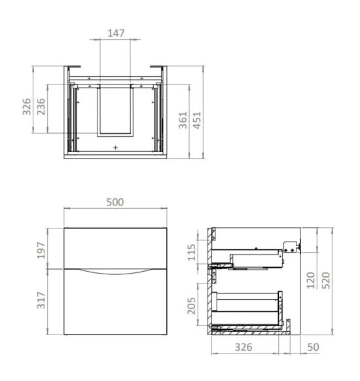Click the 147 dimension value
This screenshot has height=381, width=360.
(115, 33)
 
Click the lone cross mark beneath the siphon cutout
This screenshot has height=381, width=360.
(116, 149)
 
